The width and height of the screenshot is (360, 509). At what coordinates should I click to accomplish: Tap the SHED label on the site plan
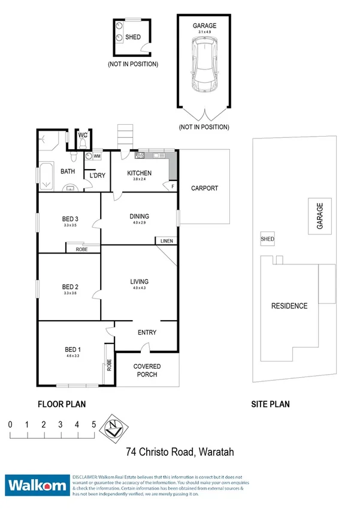[267, 239]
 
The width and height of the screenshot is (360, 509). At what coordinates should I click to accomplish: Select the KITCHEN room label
[140, 173]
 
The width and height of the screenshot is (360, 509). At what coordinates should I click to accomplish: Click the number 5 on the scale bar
[93, 424]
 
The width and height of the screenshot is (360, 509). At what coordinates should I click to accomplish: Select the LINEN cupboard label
[166, 241]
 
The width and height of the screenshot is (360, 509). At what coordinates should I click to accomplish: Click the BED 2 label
[71, 286]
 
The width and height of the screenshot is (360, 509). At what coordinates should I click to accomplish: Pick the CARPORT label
[204, 188]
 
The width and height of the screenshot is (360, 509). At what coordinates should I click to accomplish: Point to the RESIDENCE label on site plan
[289, 306]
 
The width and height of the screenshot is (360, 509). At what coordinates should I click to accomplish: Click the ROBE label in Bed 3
[82, 249]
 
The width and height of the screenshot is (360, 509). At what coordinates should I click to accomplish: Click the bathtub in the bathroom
[46, 176]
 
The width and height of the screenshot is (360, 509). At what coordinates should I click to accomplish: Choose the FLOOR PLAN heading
[61, 405]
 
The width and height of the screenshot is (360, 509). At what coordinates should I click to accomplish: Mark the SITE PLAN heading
[270, 405]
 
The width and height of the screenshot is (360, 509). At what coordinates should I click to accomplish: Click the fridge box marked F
[173, 186]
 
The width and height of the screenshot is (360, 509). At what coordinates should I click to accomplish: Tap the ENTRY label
[147, 333]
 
